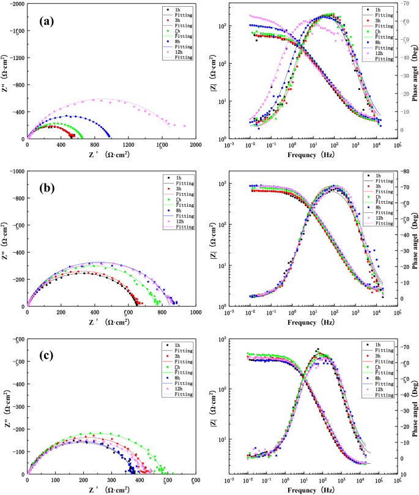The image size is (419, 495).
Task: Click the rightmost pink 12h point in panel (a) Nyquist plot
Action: pos(185,127)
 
